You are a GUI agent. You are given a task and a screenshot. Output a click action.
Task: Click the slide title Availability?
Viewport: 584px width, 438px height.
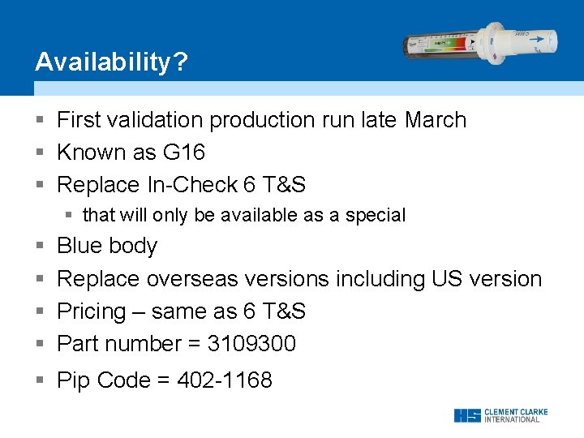(x=110, y=62)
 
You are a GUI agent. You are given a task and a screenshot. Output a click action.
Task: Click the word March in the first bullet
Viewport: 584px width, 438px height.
(x=436, y=120)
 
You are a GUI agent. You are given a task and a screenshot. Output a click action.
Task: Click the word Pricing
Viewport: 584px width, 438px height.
(x=92, y=311)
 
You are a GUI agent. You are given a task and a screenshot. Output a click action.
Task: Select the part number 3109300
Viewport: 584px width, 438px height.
(x=251, y=344)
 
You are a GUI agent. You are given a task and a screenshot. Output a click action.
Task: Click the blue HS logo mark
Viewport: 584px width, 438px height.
(x=466, y=415)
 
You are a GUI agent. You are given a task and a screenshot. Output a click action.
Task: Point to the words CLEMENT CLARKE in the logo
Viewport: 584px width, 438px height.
(x=515, y=412)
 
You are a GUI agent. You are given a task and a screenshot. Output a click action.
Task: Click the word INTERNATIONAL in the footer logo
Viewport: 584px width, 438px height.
(x=512, y=420)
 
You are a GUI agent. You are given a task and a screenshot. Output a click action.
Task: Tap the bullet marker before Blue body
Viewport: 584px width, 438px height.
(x=40, y=246)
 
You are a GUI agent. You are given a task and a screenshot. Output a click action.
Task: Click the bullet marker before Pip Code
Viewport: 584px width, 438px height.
(x=40, y=380)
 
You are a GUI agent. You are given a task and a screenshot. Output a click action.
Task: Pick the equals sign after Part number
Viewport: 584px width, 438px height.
(x=194, y=344)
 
